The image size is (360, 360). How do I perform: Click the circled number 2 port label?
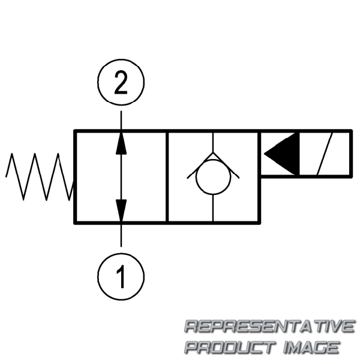click(x=121, y=85)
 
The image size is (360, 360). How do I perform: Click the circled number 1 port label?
click(x=121, y=277)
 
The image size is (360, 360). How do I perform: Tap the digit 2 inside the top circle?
click(x=121, y=85)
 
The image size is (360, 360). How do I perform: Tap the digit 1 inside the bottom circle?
click(x=121, y=277)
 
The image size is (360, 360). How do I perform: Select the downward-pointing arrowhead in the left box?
click(x=121, y=210)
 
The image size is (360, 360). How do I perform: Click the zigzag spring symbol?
click(x=39, y=176)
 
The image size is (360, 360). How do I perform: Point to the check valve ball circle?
click(x=213, y=178)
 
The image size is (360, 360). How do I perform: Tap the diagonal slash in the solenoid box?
click(x=326, y=154)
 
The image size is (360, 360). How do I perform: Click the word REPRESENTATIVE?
click(x=269, y=327)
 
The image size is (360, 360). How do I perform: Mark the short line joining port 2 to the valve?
click(x=121, y=120)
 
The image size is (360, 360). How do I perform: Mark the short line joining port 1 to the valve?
click(x=121, y=235)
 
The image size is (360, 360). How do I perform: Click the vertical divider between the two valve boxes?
click(x=167, y=176)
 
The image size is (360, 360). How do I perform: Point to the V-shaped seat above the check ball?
click(x=213, y=161)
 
